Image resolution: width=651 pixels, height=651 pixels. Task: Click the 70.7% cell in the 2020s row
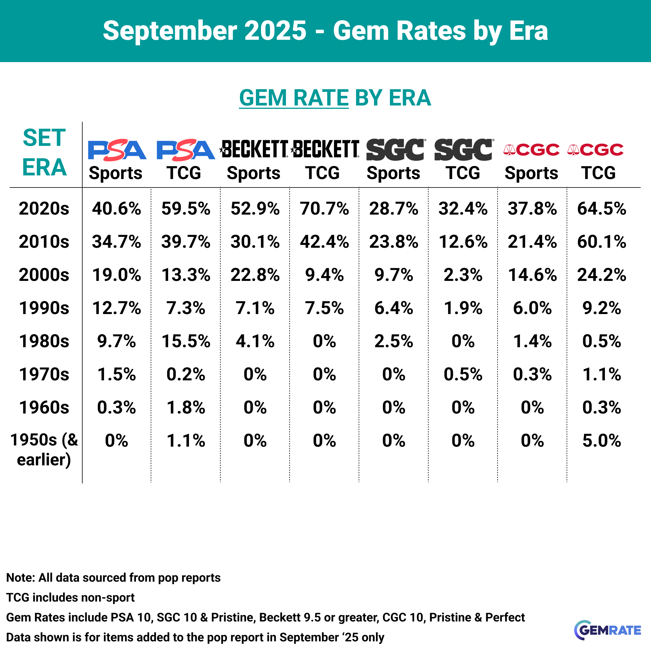tap(324, 209)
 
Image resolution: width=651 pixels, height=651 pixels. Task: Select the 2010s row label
tap(44, 242)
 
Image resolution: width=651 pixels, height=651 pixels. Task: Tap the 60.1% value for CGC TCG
tap(602, 242)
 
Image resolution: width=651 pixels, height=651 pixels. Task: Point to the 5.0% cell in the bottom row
tap(602, 440)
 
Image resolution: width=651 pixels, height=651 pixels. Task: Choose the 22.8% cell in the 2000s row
tap(255, 275)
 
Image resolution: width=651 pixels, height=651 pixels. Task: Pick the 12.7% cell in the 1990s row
tap(117, 308)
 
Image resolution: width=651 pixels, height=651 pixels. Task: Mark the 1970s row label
tap(44, 374)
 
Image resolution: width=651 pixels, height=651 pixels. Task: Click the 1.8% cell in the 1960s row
tap(186, 407)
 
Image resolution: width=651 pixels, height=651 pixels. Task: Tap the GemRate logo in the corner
tap(607, 630)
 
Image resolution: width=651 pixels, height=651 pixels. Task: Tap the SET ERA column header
tap(44, 153)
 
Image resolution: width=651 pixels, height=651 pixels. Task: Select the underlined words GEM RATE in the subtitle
tap(294, 98)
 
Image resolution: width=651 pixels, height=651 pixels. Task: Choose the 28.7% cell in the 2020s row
tap(394, 209)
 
